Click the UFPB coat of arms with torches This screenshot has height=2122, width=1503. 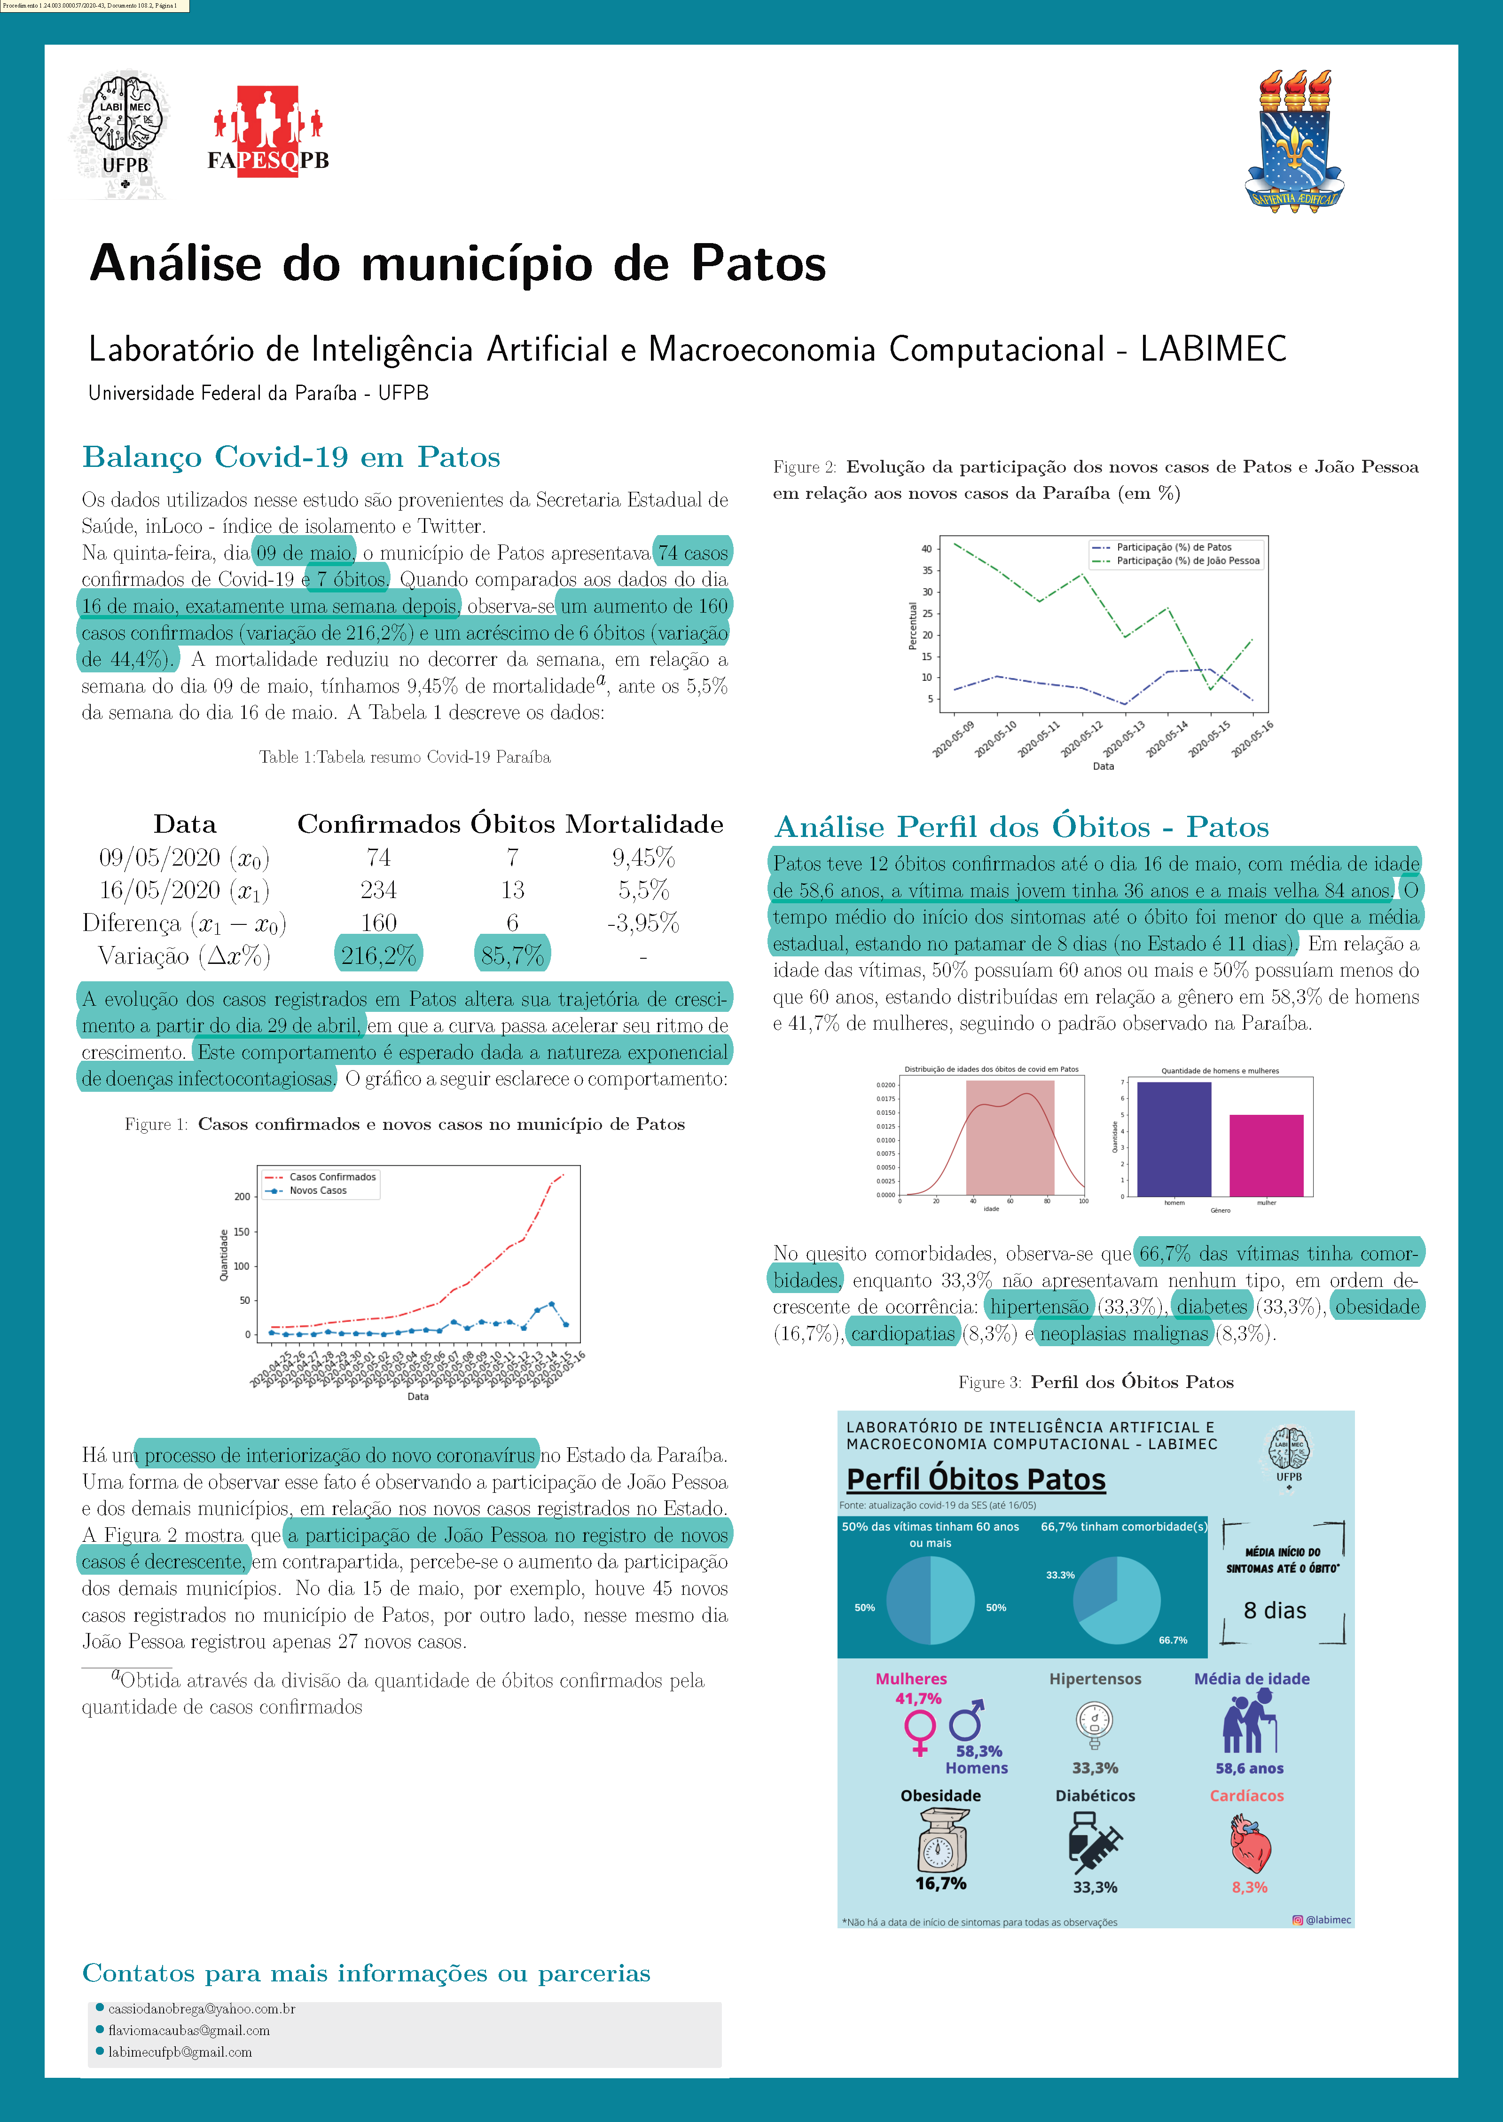[x=1294, y=141]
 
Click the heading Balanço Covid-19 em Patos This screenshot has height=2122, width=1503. [x=291, y=458]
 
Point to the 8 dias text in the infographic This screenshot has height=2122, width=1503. [x=1275, y=1611]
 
